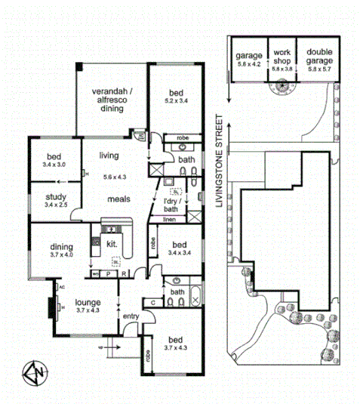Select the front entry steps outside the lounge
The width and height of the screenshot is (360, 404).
click(x=110, y=349)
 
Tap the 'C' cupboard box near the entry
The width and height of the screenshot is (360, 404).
click(x=152, y=302)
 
